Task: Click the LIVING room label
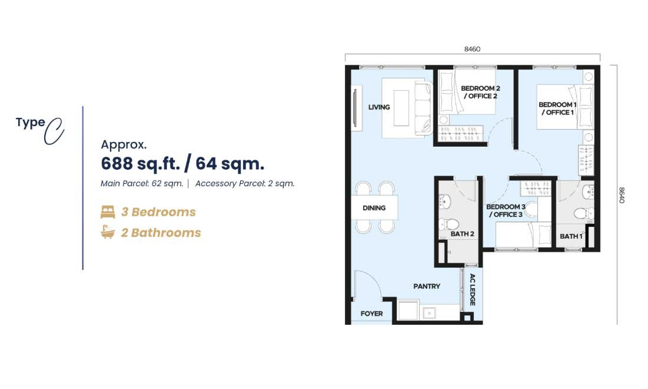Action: (379, 107)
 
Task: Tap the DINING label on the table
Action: (374, 208)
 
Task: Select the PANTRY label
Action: (427, 286)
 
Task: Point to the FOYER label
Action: (371, 314)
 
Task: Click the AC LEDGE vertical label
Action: (473, 289)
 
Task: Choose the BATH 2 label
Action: (462, 234)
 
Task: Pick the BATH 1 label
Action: (571, 236)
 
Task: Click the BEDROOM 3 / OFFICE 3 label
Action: (506, 210)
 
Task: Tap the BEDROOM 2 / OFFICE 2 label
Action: (481, 93)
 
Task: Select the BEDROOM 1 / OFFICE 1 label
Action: (557, 108)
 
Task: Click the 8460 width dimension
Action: (472, 50)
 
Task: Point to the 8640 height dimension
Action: (622, 195)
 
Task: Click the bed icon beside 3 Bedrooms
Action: (108, 212)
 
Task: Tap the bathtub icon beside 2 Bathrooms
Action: (108, 232)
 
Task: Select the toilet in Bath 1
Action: (583, 213)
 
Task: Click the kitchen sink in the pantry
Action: (430, 314)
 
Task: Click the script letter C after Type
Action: (54, 131)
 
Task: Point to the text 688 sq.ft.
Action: (141, 164)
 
